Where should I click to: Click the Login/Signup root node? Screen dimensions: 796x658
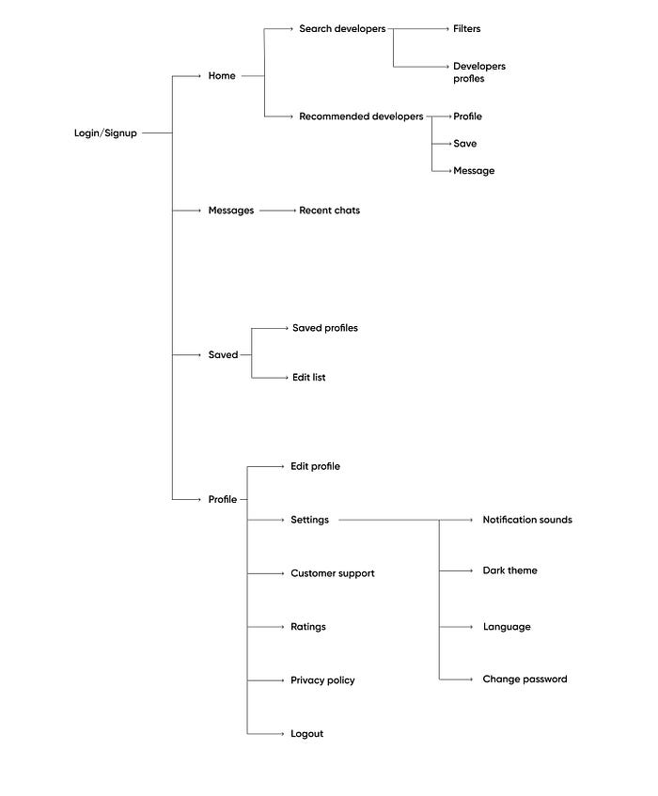(x=105, y=133)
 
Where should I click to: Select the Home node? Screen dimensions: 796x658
(x=222, y=76)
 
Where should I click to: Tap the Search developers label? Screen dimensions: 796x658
(x=342, y=29)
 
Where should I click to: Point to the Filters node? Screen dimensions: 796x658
(x=466, y=29)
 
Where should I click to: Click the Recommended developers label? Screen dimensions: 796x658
(x=361, y=117)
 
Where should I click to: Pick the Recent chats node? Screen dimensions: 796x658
(x=329, y=211)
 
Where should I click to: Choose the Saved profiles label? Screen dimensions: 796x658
(x=324, y=328)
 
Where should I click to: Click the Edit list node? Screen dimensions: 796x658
(x=308, y=377)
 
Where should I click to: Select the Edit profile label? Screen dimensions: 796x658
(x=315, y=466)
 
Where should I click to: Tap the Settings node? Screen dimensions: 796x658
(x=309, y=520)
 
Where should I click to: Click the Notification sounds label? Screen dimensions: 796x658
(x=526, y=520)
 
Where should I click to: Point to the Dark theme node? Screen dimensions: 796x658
(x=509, y=570)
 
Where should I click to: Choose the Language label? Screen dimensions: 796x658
(x=506, y=627)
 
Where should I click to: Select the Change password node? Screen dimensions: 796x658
(x=525, y=679)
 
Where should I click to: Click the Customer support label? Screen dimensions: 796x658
(x=332, y=573)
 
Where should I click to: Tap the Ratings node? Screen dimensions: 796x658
(x=308, y=627)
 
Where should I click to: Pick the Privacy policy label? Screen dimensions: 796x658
(x=322, y=680)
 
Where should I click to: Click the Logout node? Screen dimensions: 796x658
(x=306, y=734)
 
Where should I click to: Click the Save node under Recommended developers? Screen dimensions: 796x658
(x=464, y=144)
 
